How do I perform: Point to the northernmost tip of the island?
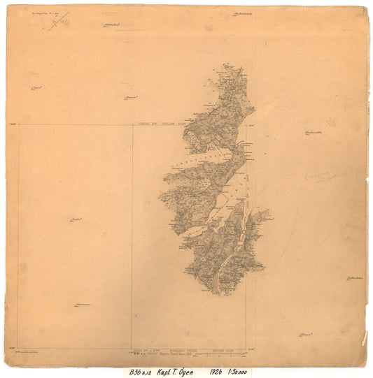pos(227,66)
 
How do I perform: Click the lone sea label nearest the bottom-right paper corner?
pos(304,335)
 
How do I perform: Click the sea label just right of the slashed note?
pos(112,27)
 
